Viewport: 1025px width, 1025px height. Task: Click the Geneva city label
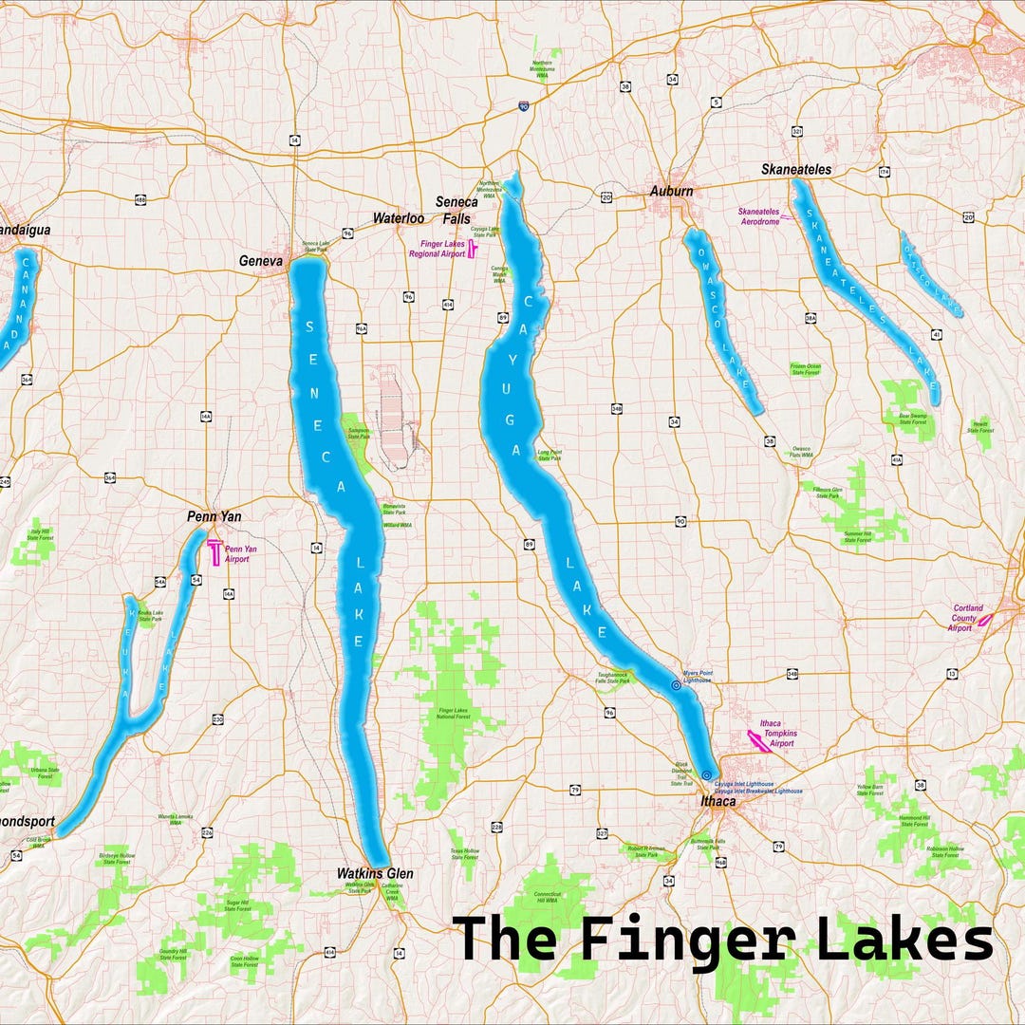click(x=261, y=261)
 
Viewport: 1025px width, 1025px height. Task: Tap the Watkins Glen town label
click(x=375, y=873)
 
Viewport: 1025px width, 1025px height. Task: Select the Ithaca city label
click(x=717, y=802)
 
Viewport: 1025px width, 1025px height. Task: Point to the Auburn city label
click(x=671, y=191)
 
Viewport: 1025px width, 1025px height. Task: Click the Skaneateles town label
click(x=795, y=170)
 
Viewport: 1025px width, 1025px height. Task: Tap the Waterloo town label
click(x=398, y=217)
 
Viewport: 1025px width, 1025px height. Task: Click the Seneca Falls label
click(x=453, y=210)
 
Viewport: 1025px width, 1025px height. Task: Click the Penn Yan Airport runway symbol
click(x=215, y=551)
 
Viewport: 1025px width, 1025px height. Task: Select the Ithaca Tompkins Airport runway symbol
click(x=758, y=740)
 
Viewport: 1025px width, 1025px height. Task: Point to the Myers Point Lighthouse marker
click(x=676, y=684)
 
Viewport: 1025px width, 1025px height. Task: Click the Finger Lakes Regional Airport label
click(x=437, y=249)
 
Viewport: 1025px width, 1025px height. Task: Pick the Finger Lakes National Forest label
click(x=455, y=713)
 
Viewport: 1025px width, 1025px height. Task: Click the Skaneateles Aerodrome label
click(x=758, y=215)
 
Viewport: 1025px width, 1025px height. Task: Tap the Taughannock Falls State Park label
click(x=612, y=678)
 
